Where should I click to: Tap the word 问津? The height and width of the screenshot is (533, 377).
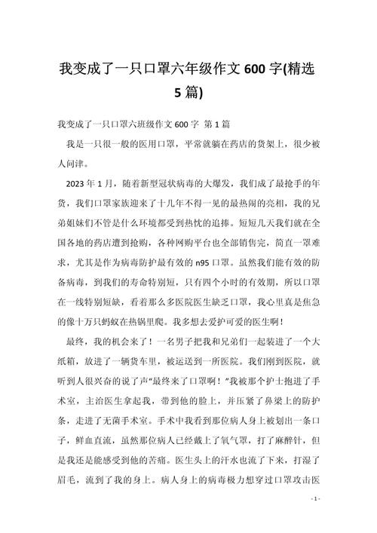click(x=85, y=163)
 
